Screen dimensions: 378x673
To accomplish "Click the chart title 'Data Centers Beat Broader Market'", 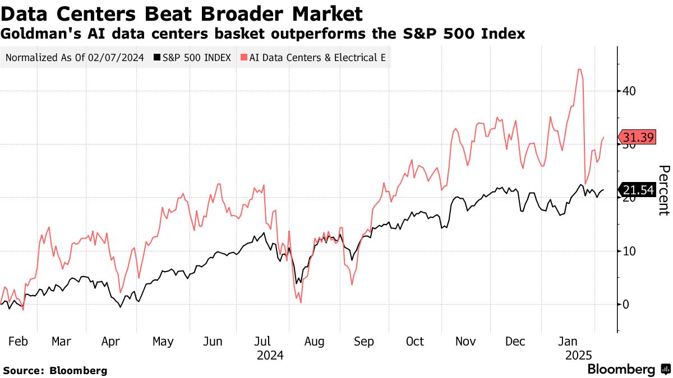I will tap(182, 13).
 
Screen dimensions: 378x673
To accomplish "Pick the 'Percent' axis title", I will tap(664, 190).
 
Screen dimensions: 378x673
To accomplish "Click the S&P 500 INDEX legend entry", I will tap(193, 57).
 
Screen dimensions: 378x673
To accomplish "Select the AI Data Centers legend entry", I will tap(314, 57).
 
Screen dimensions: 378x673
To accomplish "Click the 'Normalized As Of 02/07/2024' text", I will tap(75, 57).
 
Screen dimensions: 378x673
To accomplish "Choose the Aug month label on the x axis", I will tap(314, 342).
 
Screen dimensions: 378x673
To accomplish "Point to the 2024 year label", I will tap(270, 355).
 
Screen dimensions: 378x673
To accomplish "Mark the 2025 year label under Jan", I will tap(578, 355).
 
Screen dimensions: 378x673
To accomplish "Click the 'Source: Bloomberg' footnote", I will tap(55, 370).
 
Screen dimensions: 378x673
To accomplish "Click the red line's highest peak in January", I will tap(579, 69).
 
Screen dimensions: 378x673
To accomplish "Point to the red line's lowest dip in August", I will tap(301, 302).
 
